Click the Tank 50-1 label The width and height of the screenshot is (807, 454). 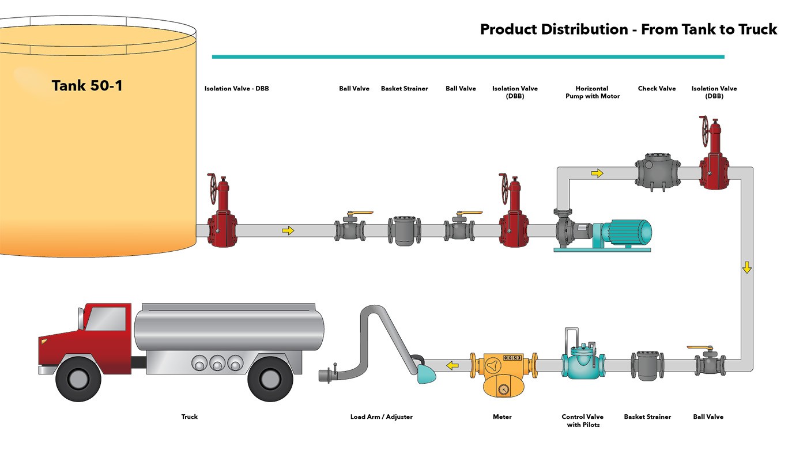point(87,86)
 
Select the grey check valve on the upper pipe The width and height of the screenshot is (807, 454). point(658,172)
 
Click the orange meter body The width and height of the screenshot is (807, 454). point(504,375)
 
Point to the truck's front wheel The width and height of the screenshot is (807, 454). point(78,378)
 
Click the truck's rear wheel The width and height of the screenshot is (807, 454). point(270,379)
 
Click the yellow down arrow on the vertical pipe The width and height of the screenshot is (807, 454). point(747,267)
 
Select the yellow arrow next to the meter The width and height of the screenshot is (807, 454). point(452,366)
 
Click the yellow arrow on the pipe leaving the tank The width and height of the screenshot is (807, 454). point(288,230)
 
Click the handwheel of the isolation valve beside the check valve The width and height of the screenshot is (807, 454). point(704,131)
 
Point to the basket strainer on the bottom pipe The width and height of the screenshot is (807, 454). point(647,365)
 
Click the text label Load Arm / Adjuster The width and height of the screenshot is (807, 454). point(382,417)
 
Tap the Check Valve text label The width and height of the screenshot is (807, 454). point(657,89)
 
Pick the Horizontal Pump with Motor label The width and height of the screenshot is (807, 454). point(593,92)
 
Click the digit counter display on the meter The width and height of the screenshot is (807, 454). point(512,358)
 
